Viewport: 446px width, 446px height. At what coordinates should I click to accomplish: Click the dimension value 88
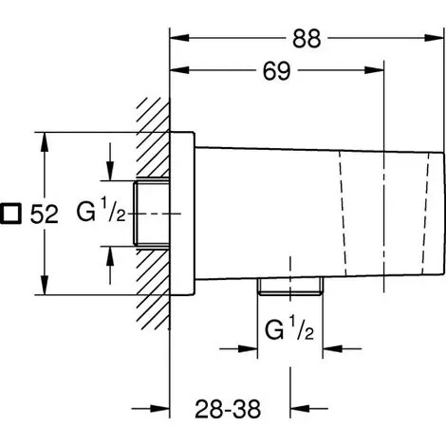(307, 38)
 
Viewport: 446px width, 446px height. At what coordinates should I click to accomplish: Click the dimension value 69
(276, 71)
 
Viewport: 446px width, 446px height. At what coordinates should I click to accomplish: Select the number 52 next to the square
(45, 214)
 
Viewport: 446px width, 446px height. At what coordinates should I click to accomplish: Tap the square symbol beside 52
(10, 214)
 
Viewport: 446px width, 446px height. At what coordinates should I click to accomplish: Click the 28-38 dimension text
(228, 409)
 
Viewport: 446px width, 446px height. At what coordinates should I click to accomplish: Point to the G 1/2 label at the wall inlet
(101, 209)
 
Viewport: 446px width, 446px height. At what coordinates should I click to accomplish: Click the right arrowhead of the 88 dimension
(435, 38)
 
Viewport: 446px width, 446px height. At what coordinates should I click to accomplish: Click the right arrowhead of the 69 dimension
(374, 70)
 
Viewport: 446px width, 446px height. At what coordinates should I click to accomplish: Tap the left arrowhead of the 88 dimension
(179, 38)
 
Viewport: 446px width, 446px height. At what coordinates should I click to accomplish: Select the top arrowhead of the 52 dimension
(45, 142)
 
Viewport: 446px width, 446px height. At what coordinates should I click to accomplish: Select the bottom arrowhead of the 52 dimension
(45, 285)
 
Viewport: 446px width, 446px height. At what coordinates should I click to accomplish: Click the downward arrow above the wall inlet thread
(110, 161)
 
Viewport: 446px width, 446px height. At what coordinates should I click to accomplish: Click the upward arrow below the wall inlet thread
(110, 265)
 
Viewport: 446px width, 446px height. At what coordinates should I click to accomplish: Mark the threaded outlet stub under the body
(290, 287)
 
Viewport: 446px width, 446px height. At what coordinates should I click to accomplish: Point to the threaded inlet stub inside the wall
(151, 214)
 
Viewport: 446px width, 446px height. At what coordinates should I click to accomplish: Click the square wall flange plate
(182, 214)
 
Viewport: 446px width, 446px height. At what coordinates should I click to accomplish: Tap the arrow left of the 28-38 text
(151, 408)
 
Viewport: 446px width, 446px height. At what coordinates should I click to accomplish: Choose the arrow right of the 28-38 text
(309, 408)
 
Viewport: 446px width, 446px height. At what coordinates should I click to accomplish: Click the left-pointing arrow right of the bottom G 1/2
(342, 349)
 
